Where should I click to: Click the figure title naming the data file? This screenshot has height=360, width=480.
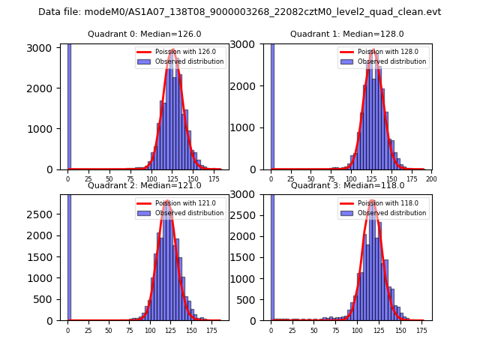pos(239,12)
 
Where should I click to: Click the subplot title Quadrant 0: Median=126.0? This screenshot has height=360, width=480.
pos(144,34)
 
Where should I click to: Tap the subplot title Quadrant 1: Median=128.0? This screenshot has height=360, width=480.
pos(346,34)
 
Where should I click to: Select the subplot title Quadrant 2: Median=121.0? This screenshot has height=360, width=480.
pos(144,185)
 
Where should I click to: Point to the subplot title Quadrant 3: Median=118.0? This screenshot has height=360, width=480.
pos(346,185)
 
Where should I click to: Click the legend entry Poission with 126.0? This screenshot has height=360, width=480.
pos(180,52)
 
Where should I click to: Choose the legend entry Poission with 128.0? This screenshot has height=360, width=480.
pos(382,52)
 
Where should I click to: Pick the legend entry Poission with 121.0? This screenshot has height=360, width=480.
pos(180,203)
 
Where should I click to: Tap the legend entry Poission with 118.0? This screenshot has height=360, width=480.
pos(382,203)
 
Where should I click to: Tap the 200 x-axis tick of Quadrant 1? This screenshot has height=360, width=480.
pos(430,178)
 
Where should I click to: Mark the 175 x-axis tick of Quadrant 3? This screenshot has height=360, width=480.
pos(421,330)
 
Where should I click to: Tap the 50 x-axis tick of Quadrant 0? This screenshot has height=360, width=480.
pos(109,178)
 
